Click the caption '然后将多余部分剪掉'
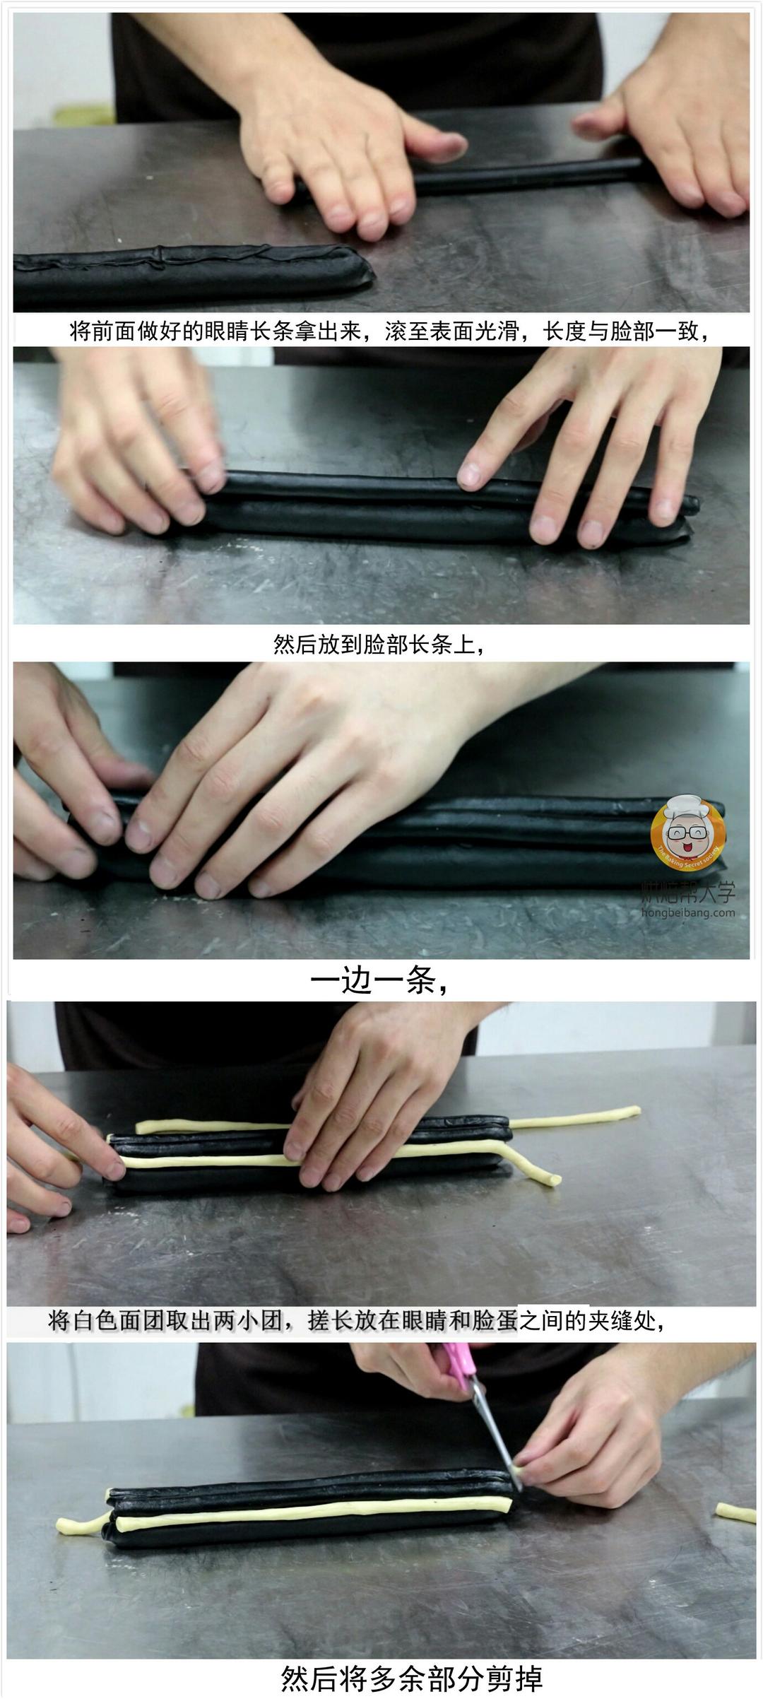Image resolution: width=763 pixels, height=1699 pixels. click(x=412, y=1677)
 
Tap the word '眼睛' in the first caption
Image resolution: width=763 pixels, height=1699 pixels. click(x=227, y=331)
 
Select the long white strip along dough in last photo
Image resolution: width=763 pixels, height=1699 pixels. click(x=311, y=1514)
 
